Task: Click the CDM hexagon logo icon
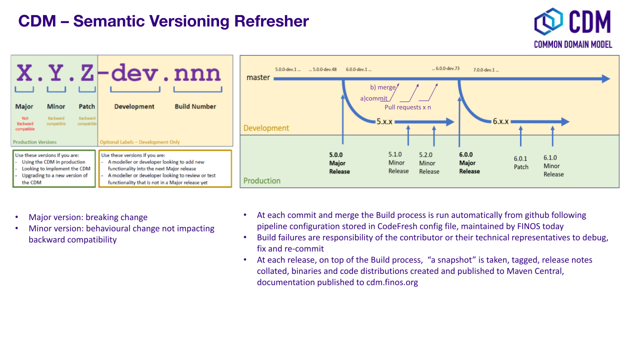(x=548, y=21)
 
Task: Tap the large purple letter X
(x=24, y=73)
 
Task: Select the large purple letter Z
(x=87, y=73)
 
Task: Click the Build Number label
(x=195, y=106)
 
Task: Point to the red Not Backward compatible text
(x=25, y=123)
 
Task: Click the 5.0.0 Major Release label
(x=339, y=163)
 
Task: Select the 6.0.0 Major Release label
(x=469, y=163)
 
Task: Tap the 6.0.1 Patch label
(x=521, y=163)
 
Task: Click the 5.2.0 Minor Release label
(x=429, y=163)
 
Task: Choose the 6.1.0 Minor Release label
(x=553, y=166)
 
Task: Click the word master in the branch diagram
(x=258, y=77)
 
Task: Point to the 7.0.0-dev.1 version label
(x=486, y=70)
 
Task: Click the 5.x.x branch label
(x=384, y=121)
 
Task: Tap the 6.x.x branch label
(x=500, y=121)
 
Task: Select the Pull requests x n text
(x=407, y=107)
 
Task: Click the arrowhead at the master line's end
(x=605, y=78)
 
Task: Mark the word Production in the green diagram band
(x=261, y=180)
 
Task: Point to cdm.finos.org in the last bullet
(x=392, y=282)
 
